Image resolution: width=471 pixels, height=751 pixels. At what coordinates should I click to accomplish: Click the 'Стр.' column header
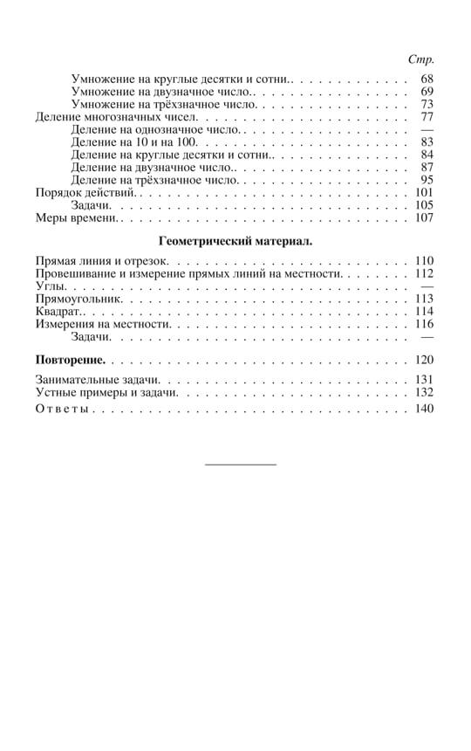pos(421,59)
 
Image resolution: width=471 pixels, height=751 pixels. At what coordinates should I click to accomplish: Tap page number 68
pos(427,79)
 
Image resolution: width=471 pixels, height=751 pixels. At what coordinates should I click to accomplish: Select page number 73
pos(427,104)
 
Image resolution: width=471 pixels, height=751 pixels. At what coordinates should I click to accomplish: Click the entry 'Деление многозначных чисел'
pos(117,117)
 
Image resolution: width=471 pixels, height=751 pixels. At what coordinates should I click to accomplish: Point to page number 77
pos(427,117)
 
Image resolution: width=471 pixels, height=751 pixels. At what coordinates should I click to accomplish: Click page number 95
pos(427,180)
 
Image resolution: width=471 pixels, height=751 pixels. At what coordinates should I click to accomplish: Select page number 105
pos(424,205)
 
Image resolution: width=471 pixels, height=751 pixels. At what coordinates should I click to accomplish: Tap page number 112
pos(424,273)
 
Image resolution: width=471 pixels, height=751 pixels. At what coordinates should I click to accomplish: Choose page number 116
pos(424,324)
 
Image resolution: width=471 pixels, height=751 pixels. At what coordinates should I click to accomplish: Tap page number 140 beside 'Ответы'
pos(424,410)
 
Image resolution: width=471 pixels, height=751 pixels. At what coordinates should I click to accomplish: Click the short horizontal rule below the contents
pos(240,464)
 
